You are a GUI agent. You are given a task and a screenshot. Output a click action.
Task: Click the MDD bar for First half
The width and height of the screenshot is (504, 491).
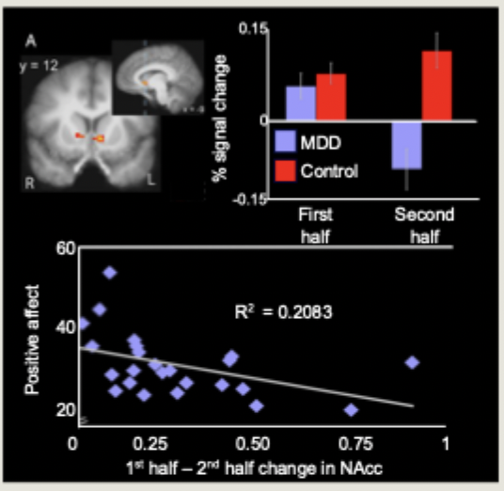point(300,103)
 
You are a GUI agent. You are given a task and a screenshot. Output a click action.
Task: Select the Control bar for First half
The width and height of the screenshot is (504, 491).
point(330,97)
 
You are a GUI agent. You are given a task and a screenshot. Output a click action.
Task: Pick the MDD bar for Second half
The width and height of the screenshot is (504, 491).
point(406,144)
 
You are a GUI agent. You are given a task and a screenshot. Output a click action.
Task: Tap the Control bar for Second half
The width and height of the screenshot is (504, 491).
point(437,86)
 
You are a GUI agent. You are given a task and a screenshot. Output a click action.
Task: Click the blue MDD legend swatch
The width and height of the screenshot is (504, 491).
point(285,144)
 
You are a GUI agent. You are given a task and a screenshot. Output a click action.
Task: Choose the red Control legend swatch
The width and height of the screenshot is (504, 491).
point(285,170)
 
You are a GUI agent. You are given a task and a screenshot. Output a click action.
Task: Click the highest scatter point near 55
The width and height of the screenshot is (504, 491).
point(109,273)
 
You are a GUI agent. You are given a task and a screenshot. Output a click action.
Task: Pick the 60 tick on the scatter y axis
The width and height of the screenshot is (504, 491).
point(65,248)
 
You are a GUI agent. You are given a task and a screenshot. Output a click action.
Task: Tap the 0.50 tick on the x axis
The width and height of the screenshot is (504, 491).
point(250,442)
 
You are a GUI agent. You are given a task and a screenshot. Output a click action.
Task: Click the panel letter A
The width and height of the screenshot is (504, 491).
point(31,40)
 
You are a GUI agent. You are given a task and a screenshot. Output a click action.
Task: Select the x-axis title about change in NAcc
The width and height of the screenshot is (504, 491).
point(256,467)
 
